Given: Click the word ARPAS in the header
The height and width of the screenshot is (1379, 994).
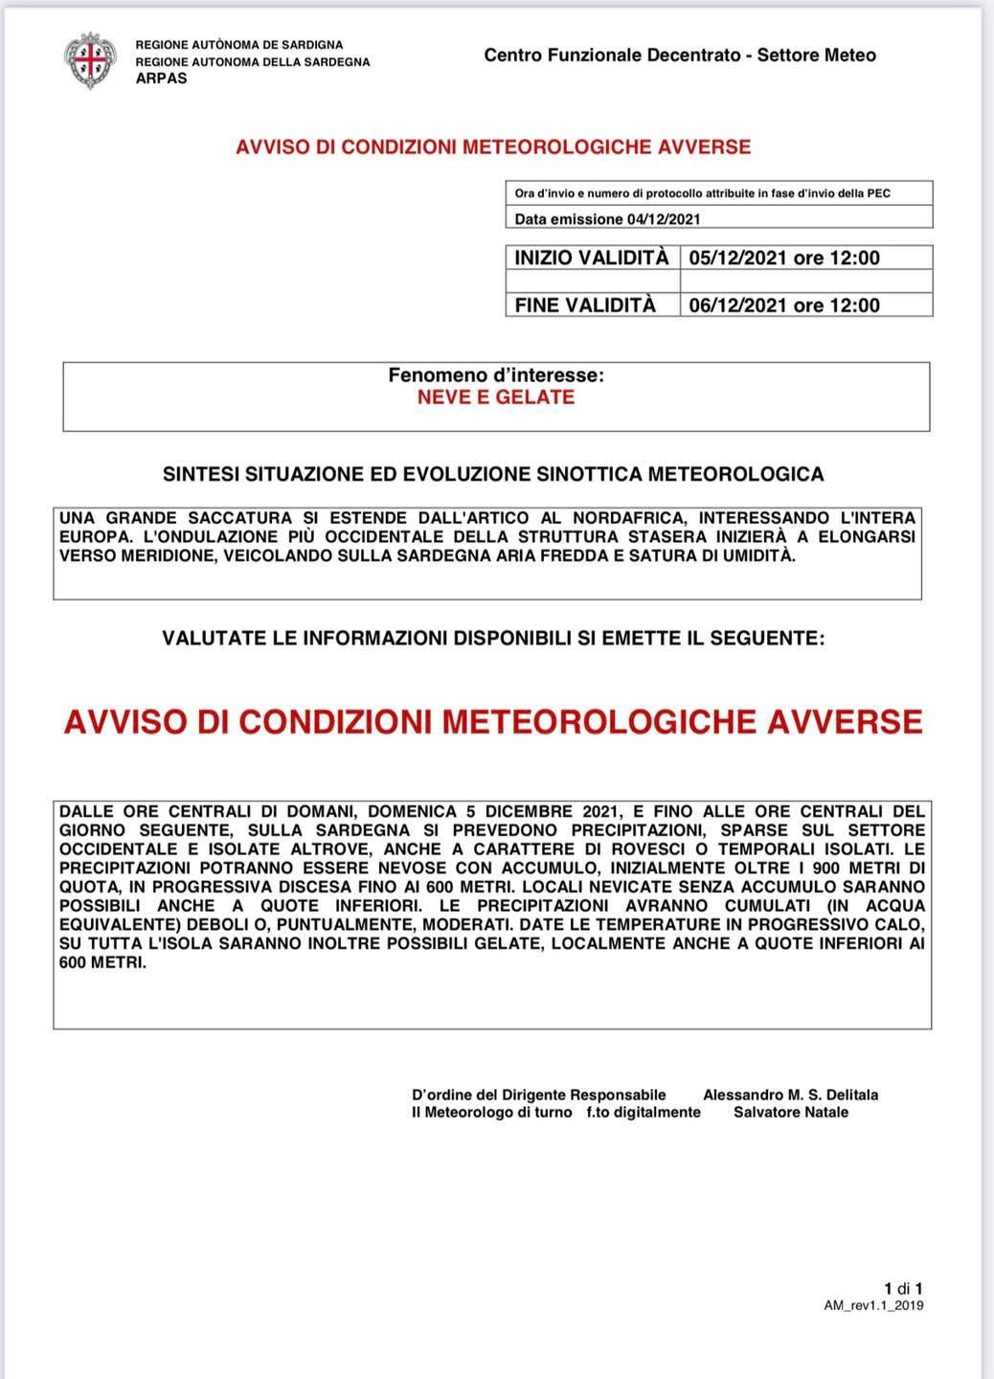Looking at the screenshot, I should tap(161, 79).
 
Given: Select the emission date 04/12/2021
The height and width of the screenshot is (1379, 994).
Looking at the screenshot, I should tap(664, 219).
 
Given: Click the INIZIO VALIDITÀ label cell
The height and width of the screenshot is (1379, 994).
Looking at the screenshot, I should tap(592, 258).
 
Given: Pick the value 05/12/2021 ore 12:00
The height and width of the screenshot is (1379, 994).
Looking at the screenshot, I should tap(783, 258).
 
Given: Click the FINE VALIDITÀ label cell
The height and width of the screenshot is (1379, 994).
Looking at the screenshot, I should tap(585, 305).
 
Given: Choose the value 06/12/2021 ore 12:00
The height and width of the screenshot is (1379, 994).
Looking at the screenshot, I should tap(783, 305).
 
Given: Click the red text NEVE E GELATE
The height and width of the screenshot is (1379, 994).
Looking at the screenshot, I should tap(495, 397).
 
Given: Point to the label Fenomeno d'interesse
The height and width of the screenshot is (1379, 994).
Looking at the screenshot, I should tap(495, 375).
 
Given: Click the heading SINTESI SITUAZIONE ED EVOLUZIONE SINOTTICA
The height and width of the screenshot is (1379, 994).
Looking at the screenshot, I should tap(492, 474).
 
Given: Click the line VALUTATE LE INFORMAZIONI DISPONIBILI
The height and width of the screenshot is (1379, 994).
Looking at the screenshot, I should tap(492, 638).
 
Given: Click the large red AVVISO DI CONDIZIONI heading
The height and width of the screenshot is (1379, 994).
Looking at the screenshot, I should tap(492, 721).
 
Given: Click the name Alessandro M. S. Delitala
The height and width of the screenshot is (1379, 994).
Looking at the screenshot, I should tap(790, 1095).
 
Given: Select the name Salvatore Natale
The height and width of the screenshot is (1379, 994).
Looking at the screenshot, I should tap(790, 1112).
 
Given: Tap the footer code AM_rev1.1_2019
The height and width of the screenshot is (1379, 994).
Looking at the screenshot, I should tap(873, 1305).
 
